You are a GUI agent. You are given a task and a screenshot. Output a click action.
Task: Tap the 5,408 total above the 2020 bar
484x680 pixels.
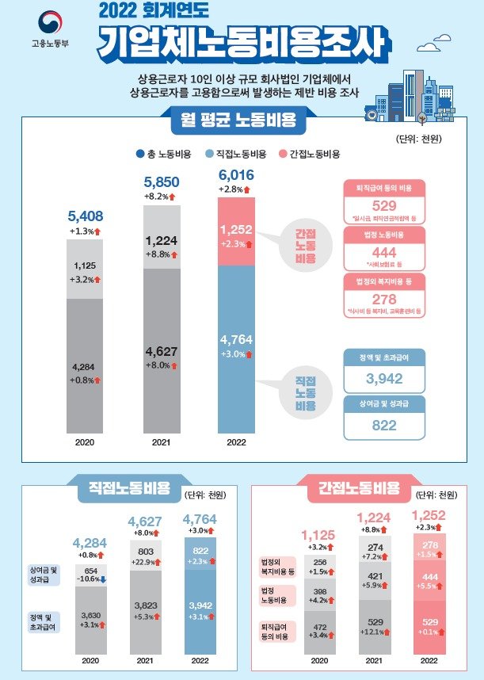[86, 216]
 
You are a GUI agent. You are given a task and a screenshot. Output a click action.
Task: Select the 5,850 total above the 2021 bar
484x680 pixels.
[161, 181]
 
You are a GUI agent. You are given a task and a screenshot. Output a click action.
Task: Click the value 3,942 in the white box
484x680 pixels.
[385, 379]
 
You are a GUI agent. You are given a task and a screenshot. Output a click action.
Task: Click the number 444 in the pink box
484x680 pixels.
[385, 250]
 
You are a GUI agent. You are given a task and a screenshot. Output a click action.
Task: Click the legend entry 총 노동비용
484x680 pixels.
[166, 154]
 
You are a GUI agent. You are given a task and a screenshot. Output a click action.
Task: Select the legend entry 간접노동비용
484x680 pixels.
[310, 154]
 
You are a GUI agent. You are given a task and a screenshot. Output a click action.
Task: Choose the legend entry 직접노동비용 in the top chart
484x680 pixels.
[235, 154]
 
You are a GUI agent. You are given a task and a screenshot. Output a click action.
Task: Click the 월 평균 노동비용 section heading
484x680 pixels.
[238, 121]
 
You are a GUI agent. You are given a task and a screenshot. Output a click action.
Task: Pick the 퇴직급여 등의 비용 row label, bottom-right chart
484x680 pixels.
[276, 630]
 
